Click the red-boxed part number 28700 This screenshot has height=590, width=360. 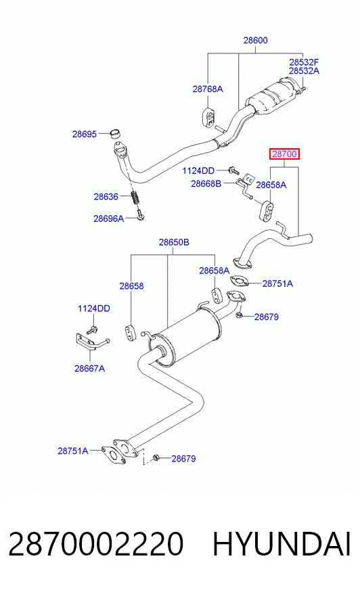click(284, 154)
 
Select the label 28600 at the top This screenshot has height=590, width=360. click(255, 41)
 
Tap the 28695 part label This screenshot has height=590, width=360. click(85, 134)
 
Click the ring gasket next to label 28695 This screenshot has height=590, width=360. click(116, 133)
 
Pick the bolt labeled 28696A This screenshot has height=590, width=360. click(141, 216)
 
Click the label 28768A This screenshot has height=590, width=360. click(208, 89)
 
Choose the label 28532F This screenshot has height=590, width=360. click(304, 62)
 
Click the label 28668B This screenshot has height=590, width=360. click(206, 183)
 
